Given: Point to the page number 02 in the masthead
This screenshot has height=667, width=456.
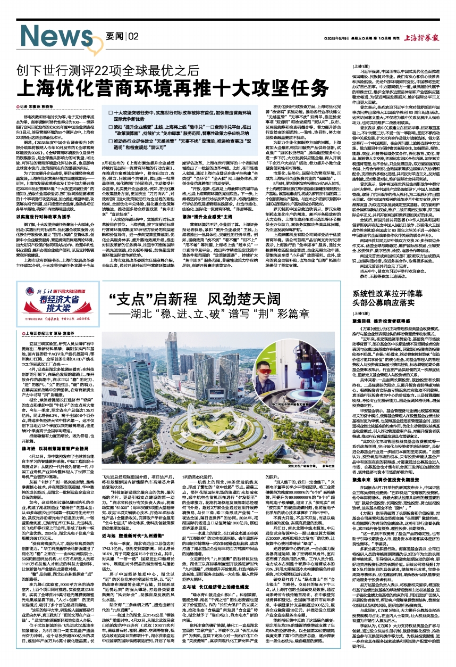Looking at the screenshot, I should (133, 36).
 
